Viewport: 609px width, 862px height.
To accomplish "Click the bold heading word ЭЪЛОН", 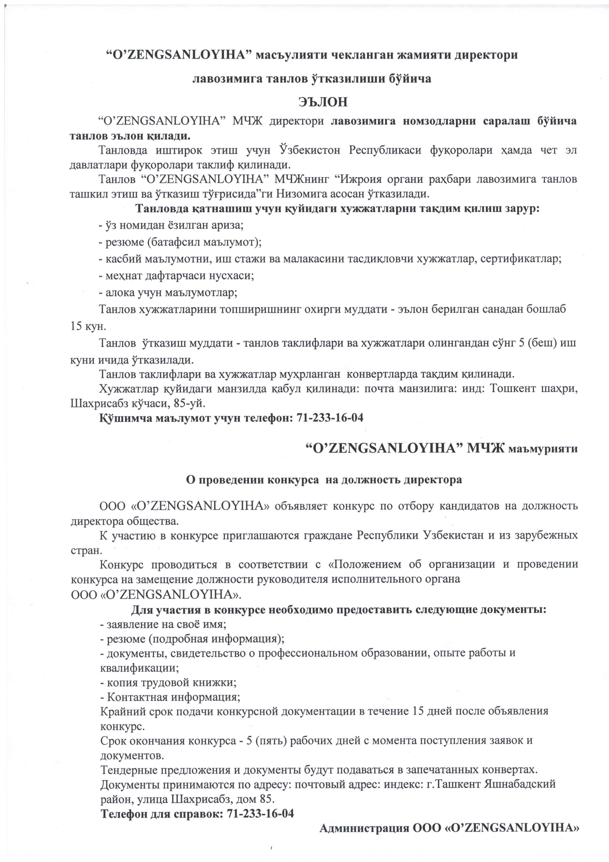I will point(323,102).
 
